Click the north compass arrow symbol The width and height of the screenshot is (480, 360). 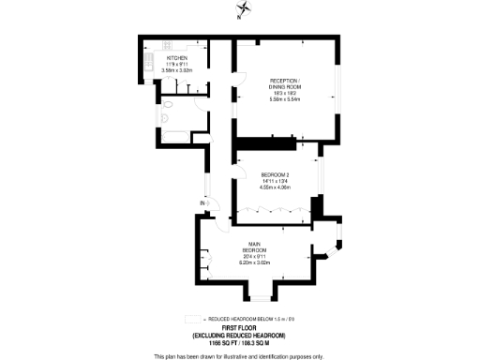(241, 12)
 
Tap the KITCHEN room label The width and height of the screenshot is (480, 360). (175, 57)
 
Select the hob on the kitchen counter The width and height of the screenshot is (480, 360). (168, 44)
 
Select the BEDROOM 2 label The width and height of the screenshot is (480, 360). (275, 174)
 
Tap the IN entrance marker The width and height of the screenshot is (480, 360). (202, 203)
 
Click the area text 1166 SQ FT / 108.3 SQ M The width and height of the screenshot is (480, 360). (239, 343)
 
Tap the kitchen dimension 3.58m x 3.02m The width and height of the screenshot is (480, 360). (175, 70)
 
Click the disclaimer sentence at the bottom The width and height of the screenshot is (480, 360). (239, 355)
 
